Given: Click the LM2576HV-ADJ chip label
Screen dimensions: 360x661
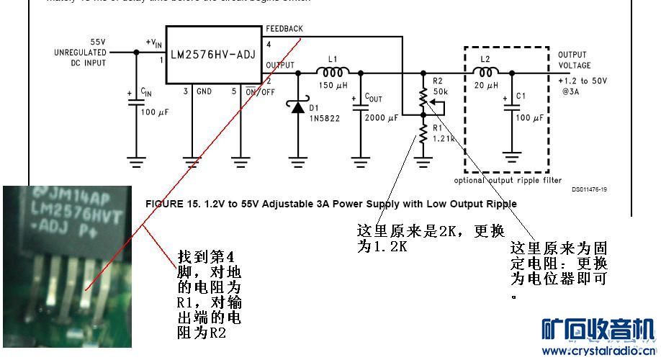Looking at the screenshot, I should coord(212,53).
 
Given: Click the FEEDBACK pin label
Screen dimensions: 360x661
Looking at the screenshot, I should coord(284,29).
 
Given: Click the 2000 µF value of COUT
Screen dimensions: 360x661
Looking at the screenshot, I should coord(381,117).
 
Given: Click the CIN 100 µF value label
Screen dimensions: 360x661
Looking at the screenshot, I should coord(153,113).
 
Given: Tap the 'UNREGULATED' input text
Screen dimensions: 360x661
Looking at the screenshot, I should coord(80,53).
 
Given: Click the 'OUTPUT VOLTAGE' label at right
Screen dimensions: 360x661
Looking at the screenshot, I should coord(574,60).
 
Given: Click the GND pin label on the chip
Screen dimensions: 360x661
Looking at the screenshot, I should coord(204,91).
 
